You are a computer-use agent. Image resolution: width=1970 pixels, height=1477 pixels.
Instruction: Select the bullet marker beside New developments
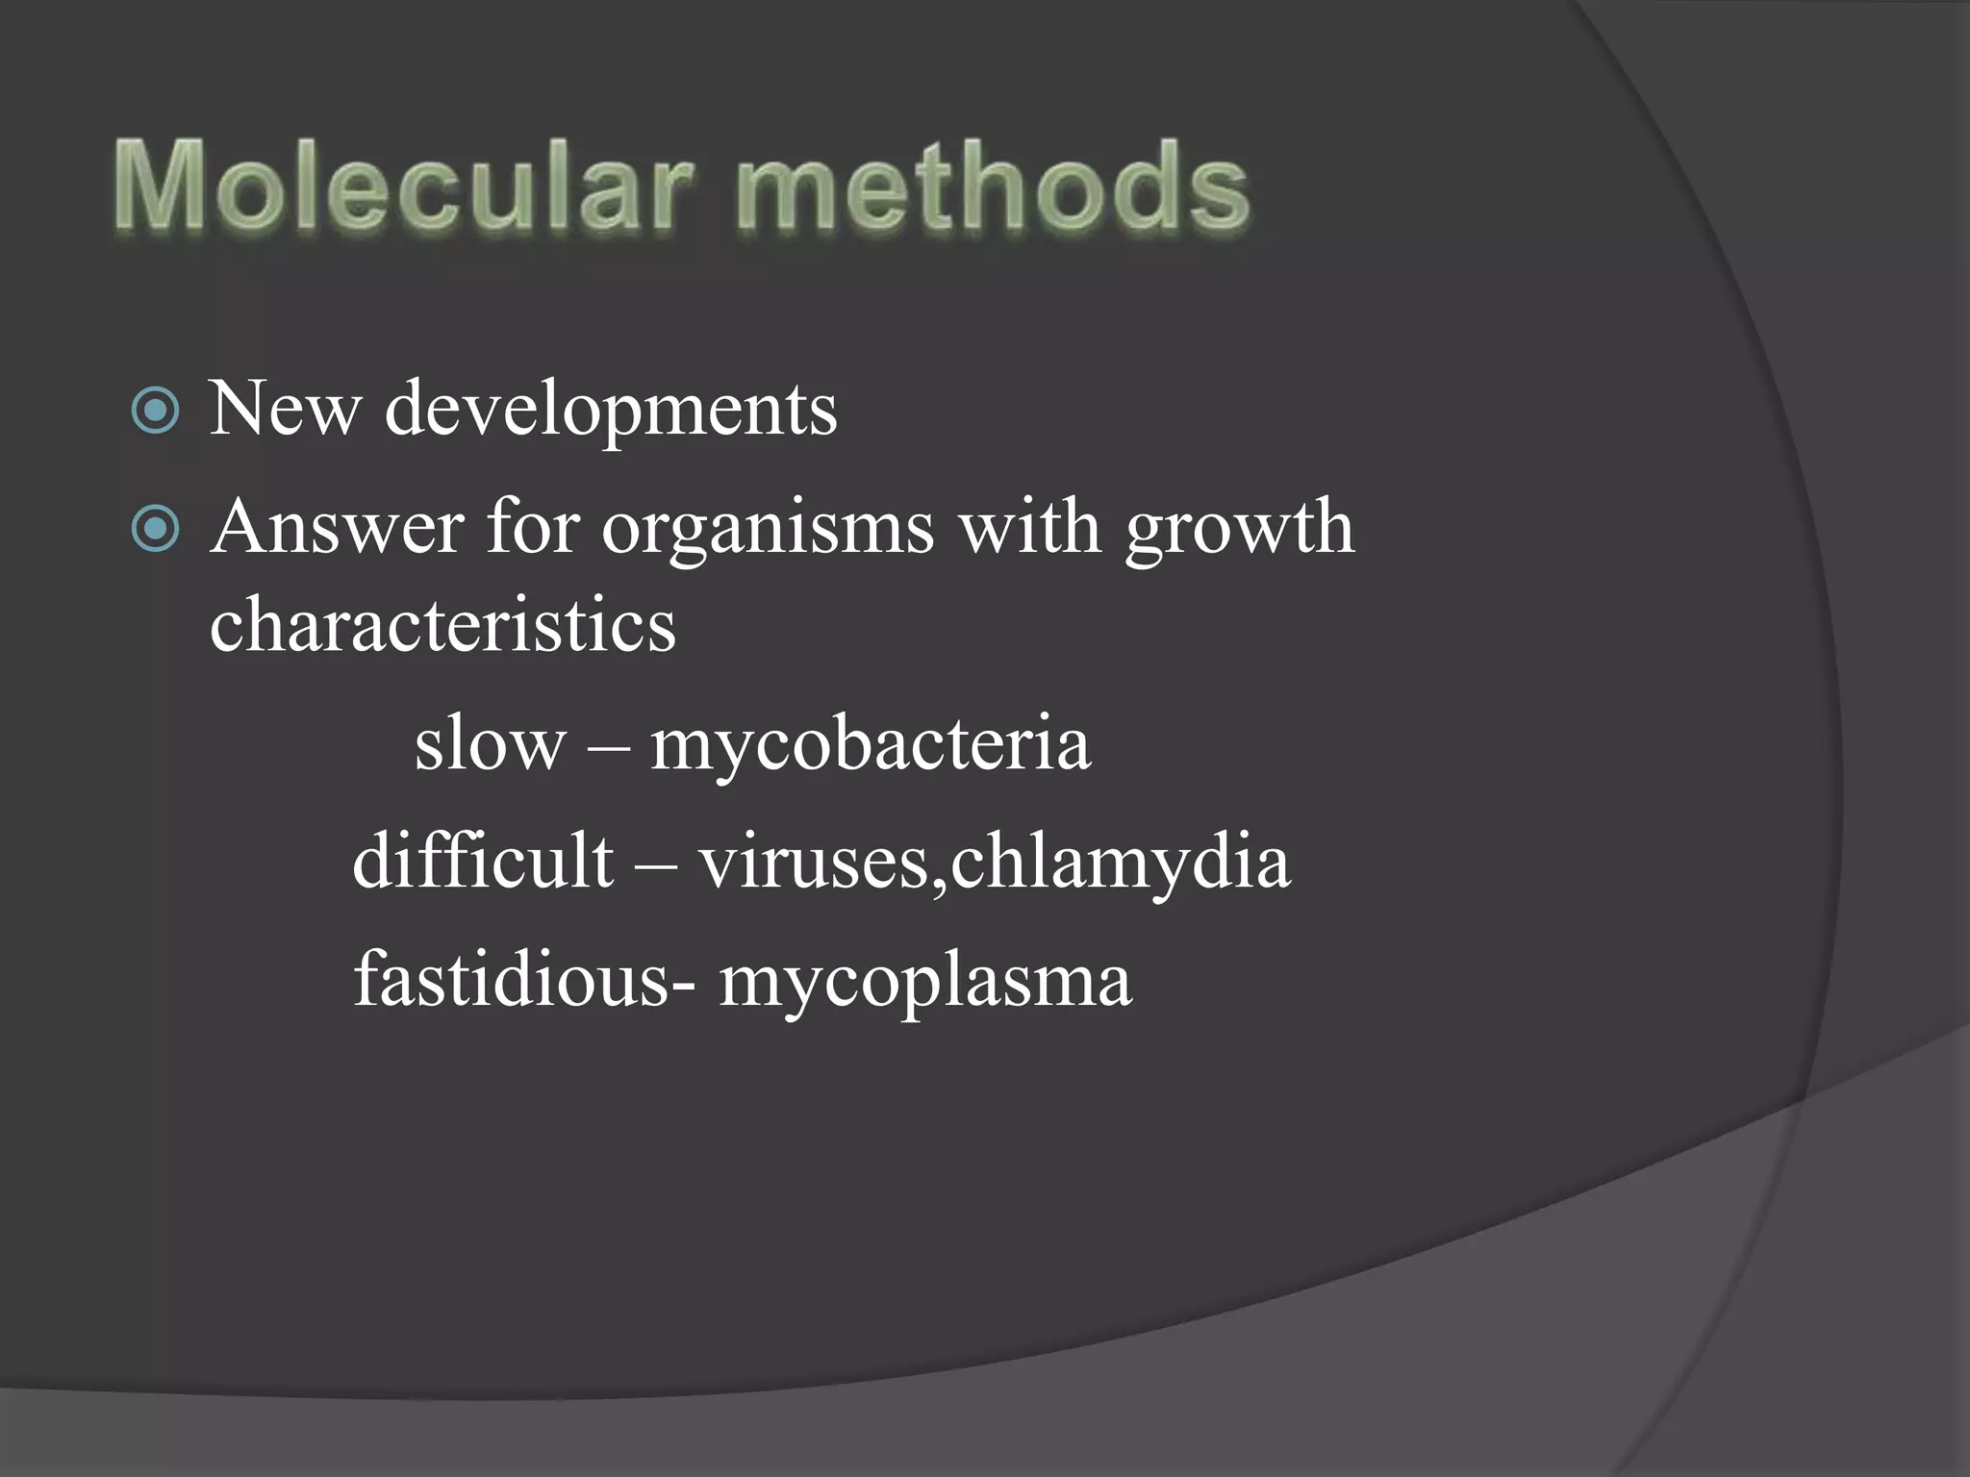tap(155, 412)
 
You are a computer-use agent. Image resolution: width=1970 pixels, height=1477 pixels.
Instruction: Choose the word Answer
tap(337, 528)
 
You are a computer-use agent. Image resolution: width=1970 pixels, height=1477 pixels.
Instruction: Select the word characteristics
tap(442, 625)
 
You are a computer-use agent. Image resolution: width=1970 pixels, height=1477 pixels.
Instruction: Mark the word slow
tap(490, 743)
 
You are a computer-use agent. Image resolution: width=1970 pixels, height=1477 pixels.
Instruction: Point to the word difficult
tap(483, 861)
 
